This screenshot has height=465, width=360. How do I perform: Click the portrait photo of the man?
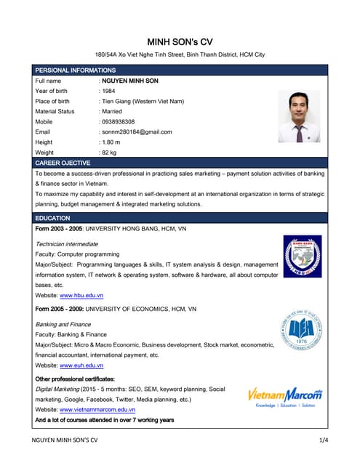[299, 116]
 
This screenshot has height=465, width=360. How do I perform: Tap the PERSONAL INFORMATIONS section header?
[76, 70]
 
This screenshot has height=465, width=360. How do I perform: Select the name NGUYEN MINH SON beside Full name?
[130, 81]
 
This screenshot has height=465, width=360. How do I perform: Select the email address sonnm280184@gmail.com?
[137, 132]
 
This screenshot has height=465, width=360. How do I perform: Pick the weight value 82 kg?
[110, 153]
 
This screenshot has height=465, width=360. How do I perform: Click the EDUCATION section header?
[52, 218]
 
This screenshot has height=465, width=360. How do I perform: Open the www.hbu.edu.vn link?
[81, 296]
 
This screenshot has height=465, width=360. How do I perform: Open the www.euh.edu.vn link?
[81, 365]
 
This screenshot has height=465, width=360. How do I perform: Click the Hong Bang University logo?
[302, 256]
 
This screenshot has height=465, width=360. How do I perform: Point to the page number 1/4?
[323, 440]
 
